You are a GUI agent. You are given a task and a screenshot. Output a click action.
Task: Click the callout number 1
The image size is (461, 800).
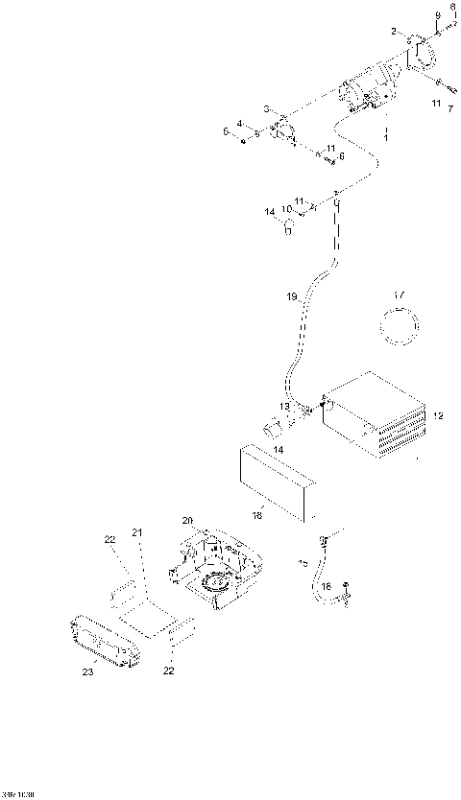pyautogui.click(x=386, y=140)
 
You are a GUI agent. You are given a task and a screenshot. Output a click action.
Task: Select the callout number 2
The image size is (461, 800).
pyautogui.click(x=393, y=33)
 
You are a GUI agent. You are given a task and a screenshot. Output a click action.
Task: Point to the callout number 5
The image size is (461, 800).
pyautogui.click(x=228, y=132)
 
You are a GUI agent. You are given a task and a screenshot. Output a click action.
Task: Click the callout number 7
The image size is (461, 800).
pyautogui.click(x=449, y=108)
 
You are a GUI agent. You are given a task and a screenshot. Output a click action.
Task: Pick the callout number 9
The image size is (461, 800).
pyautogui.click(x=438, y=16)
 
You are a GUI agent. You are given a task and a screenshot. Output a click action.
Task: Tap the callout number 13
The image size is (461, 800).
pyautogui.click(x=283, y=408)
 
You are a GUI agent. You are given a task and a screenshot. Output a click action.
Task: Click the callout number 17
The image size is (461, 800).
pyautogui.click(x=400, y=294)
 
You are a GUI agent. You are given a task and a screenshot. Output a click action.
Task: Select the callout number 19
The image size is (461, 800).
pyautogui.click(x=292, y=297)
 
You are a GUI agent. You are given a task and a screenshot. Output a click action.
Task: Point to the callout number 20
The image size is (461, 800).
pyautogui.click(x=188, y=520)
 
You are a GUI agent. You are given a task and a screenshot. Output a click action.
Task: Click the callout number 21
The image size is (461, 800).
pyautogui.click(x=136, y=532)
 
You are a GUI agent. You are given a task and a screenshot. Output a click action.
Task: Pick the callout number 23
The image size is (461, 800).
pyautogui.click(x=87, y=672)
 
